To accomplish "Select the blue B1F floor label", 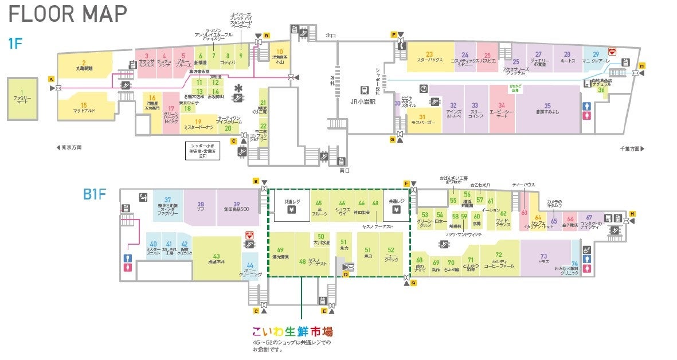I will coord(95,194).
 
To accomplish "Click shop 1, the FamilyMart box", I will coord(22,100).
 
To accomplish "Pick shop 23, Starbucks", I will coord(429,57).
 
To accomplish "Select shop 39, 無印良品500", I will coord(236,206).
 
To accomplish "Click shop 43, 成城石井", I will coord(216,259).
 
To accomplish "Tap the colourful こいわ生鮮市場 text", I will coord(292,332).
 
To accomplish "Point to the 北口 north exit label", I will coord(331,36).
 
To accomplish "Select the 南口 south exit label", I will coord(345,170).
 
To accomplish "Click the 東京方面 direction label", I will coord(69,148).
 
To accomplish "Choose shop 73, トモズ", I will coord(543,259).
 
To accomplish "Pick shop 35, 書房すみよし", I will coord(547,108).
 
